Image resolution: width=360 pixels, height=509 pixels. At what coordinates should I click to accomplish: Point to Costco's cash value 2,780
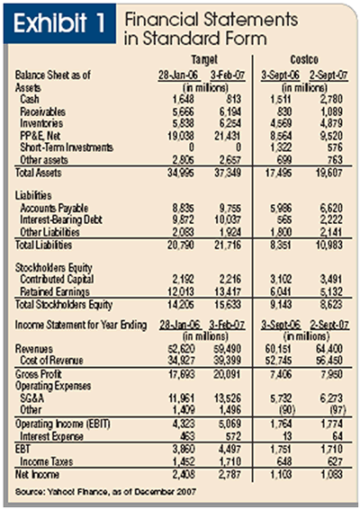pos(329,99)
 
